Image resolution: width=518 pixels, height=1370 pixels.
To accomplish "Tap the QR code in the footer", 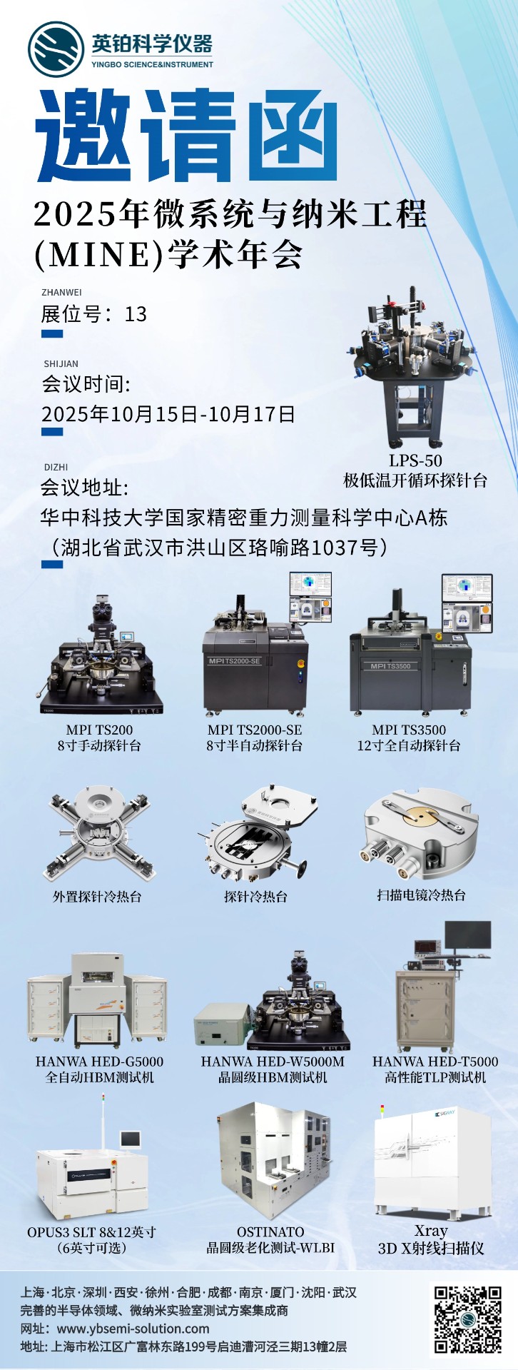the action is tap(468, 1319).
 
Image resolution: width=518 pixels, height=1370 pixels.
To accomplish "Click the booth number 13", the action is tap(136, 314).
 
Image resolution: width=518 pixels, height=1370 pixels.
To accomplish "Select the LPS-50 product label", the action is tap(415, 460).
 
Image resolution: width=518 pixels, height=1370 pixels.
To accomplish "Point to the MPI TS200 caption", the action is tap(99, 730).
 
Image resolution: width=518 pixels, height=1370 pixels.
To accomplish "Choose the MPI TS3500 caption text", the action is tap(409, 730).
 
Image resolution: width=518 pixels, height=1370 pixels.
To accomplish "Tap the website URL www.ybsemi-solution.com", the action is tap(133, 1329).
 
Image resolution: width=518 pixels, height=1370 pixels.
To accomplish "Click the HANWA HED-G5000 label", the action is tap(99, 1062).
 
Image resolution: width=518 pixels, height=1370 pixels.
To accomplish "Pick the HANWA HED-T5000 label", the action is tap(435, 1062).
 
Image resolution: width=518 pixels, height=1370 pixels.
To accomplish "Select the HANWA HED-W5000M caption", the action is tap(273, 1062).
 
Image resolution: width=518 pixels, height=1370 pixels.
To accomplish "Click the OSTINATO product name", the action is tap(270, 1232).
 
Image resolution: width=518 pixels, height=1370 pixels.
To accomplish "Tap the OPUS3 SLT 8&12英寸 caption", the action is tap(91, 1232).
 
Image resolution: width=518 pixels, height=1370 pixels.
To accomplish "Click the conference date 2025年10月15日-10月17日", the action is tap(168, 414).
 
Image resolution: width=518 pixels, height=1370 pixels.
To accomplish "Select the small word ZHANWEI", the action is tap(61, 292).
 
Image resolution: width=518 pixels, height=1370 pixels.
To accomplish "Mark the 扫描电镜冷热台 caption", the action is tap(421, 895).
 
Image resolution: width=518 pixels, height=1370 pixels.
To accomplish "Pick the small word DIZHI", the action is tap(56, 467).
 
